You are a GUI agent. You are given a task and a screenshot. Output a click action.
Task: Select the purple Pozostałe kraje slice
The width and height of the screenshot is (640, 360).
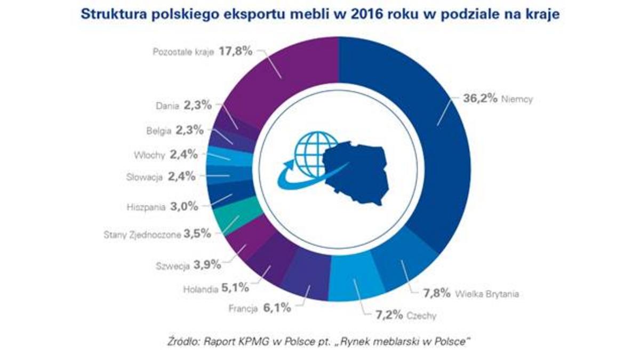288,75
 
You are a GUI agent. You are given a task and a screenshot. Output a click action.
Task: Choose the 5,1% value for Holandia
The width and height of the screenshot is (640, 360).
236,288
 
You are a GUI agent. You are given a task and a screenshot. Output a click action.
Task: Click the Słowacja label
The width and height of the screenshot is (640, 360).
145,177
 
